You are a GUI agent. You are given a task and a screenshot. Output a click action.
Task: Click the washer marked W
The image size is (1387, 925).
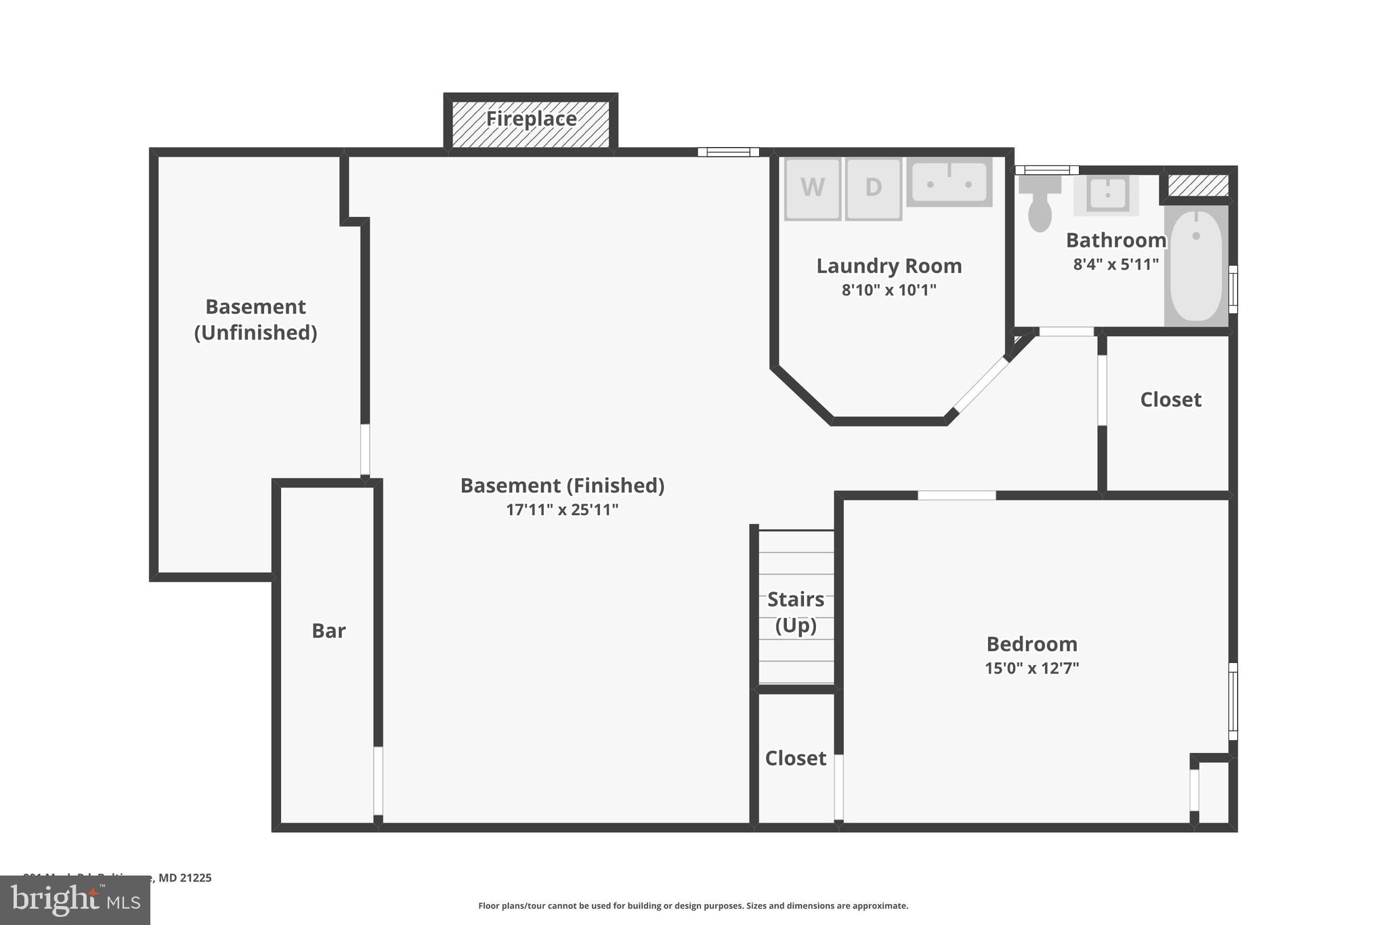pos(813,188)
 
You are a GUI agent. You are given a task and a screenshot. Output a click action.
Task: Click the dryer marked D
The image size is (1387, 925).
pos(874,188)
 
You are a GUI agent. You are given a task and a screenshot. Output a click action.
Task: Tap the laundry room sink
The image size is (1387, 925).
pos(949,182)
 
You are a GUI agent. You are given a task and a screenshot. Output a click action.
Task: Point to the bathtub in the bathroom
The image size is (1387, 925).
pos(1196,266)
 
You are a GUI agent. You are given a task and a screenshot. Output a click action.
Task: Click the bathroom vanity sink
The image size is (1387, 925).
pos(1107,194)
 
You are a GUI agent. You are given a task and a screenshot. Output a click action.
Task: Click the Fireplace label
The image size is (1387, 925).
pos(531,119)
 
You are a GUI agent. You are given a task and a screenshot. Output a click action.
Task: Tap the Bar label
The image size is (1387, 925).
pos(328,631)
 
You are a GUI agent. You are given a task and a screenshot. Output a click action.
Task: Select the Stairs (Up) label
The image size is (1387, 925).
pos(796,612)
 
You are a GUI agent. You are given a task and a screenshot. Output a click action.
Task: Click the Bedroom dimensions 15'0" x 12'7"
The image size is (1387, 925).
pos(1031,668)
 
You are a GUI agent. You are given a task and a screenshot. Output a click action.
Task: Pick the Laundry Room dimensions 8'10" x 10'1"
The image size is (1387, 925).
pos(889,290)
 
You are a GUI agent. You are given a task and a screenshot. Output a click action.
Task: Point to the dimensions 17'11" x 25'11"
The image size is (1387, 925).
pos(562,510)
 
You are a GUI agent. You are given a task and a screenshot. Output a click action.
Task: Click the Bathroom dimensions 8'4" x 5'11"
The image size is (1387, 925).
pos(1115,264)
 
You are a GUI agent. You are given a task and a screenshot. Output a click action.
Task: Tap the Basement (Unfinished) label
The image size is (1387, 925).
pos(255,319)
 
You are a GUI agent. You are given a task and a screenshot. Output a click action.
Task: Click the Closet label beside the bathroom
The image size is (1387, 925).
pos(1170,400)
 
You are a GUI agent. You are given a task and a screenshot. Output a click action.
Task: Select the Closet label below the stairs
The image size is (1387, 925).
pos(795,758)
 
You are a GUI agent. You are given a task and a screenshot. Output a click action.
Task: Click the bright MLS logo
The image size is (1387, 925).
pos(75,900)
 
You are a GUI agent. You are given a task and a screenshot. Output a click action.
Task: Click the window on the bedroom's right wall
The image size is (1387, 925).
pos(1233,701)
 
